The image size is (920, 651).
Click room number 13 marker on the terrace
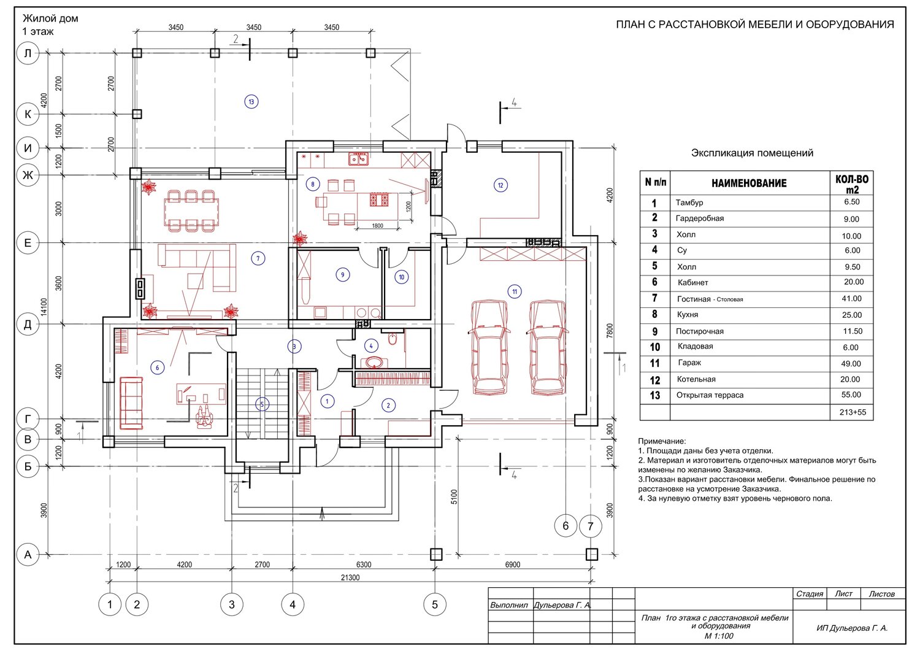(x=251, y=101)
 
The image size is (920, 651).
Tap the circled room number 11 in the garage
(x=515, y=292)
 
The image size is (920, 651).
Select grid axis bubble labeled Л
(x=28, y=53)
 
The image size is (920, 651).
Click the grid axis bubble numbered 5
(x=434, y=604)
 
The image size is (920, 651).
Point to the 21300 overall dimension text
(x=350, y=577)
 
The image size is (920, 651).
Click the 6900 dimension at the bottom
(x=512, y=564)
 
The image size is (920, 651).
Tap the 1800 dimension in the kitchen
(x=377, y=226)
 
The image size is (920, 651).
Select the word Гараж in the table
(x=689, y=363)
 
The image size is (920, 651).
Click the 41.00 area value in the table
(x=851, y=299)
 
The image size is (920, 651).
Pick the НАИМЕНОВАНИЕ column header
(x=749, y=183)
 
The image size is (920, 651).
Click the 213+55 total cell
(x=853, y=412)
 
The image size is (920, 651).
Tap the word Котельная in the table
(x=696, y=379)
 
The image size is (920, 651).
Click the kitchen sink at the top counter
(x=358, y=158)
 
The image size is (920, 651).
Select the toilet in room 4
(x=393, y=339)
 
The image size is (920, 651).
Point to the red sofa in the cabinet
(x=131, y=403)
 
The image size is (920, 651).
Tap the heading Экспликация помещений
(x=752, y=153)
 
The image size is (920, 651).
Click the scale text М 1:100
(x=719, y=636)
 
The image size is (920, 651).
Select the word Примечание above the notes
(x=662, y=441)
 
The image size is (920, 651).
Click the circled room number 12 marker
(x=500, y=185)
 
